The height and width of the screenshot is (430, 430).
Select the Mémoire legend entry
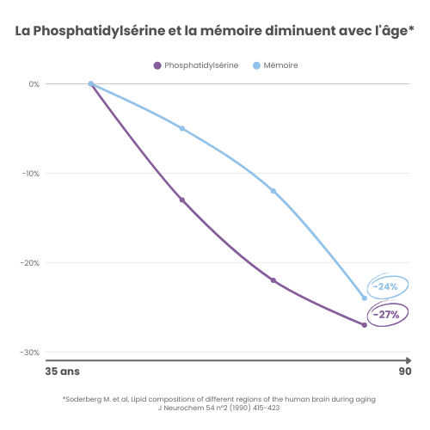[275, 65]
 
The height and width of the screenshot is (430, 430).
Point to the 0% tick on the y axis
[34, 84]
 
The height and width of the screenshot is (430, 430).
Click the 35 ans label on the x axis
[62, 372]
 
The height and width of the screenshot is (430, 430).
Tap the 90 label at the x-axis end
[404, 372]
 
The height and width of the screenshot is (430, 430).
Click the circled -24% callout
[385, 286]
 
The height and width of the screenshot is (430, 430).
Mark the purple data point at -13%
[182, 200]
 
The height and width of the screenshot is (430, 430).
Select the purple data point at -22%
[273, 280]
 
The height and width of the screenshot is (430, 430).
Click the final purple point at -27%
[365, 325]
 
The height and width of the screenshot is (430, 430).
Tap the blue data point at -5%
[182, 129]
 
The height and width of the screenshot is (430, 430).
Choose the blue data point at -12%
[273, 191]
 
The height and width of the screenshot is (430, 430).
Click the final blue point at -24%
[365, 298]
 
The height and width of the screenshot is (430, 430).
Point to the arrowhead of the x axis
[407, 360]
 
